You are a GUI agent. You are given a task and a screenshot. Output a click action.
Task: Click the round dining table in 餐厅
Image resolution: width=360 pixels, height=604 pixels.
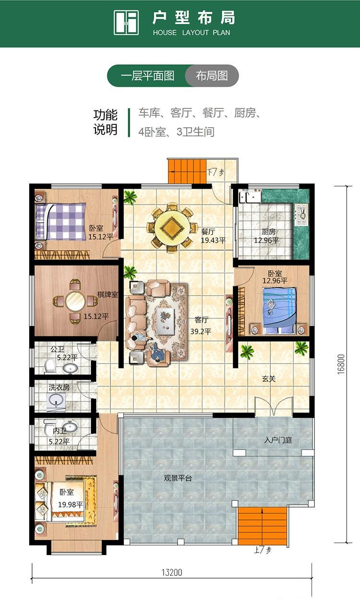point(172,228)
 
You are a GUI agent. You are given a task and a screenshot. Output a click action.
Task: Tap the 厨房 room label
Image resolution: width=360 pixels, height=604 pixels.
point(269,231)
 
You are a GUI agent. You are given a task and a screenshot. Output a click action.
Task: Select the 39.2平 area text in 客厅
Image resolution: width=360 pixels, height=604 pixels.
point(201,331)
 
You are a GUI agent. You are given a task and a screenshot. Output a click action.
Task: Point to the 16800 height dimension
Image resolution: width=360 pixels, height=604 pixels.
point(341,364)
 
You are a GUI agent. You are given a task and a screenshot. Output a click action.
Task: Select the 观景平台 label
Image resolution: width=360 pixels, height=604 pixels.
point(178,479)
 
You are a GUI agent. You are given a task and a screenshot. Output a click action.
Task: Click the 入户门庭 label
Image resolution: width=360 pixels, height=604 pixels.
point(278,440)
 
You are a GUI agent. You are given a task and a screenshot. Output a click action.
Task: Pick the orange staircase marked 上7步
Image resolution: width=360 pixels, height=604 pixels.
point(263,526)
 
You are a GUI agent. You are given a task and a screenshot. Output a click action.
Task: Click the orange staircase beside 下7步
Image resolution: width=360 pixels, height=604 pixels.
point(187,171)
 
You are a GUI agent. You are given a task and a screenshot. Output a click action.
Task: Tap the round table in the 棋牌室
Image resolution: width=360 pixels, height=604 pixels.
point(75,301)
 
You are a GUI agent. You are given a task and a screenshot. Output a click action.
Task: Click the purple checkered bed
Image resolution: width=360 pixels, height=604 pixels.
point(60,221)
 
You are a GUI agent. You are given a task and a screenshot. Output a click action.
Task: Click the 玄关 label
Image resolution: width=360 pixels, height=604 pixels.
point(269,379)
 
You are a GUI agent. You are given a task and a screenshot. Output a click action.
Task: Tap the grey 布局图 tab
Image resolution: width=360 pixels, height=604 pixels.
point(212,76)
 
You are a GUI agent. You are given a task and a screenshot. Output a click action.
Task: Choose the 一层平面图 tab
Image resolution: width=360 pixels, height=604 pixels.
point(147,76)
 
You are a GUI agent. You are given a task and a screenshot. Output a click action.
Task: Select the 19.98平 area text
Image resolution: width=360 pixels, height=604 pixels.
point(71,504)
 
